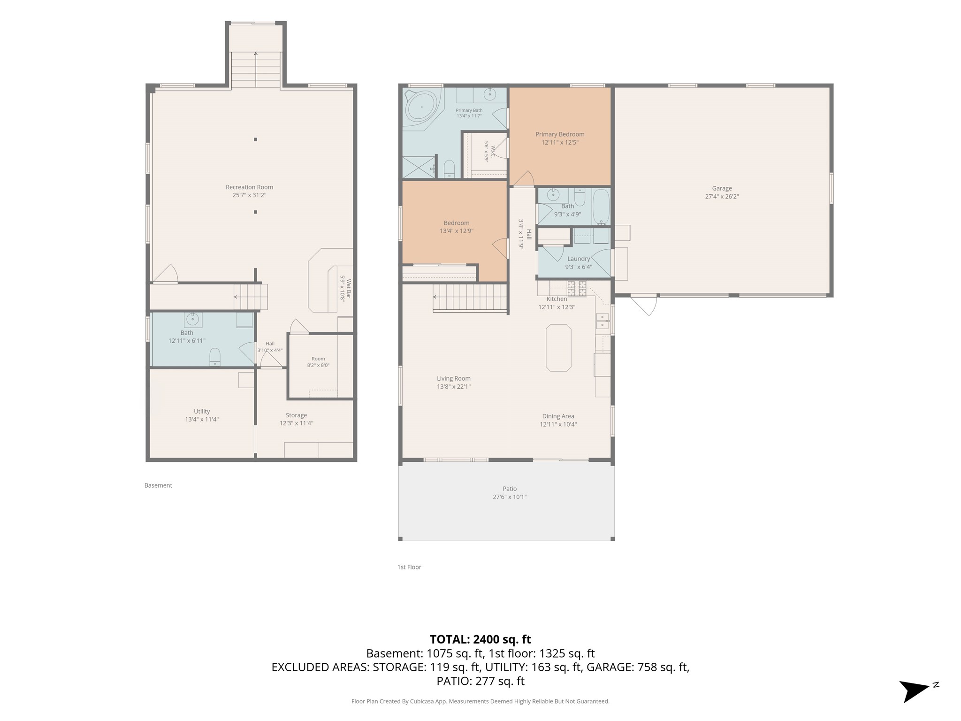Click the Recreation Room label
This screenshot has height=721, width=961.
pos(249,187)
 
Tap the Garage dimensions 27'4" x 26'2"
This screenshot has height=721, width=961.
pos(722,197)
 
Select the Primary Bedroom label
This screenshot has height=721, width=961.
pos(560,134)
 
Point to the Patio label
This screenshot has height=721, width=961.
pos(510,489)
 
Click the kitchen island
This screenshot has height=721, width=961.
pos(558,348)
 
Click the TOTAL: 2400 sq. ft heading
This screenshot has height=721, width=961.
pos(480,639)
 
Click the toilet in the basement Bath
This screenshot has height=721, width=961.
pos(214,357)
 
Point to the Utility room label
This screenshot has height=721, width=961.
pos(202,412)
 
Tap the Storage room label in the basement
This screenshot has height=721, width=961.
pos(296,415)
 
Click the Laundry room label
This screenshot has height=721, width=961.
pos(579,259)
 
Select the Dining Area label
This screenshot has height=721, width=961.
pos(558,416)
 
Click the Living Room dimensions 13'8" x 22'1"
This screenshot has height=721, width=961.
pos(453,387)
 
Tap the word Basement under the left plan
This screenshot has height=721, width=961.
pos(158,485)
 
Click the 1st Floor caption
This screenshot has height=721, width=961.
pos(409,567)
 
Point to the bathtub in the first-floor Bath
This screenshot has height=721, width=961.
pos(601,207)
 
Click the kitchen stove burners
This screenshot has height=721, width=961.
pos(577,289)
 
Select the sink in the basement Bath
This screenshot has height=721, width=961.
pos(192,320)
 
